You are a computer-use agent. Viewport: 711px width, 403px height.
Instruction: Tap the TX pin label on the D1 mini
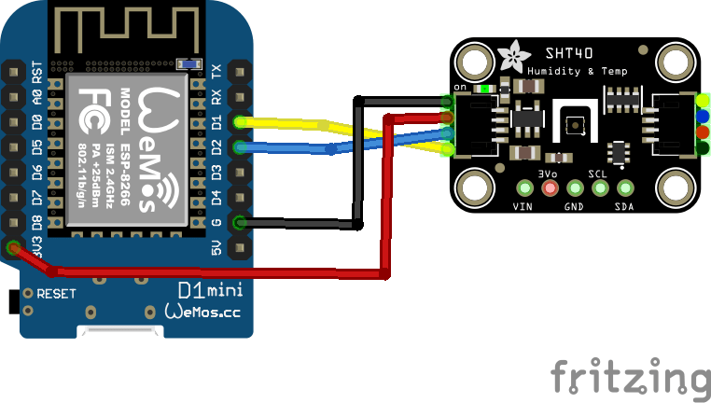(x=216, y=71)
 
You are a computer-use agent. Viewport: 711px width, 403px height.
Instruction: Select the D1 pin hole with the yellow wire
(x=241, y=121)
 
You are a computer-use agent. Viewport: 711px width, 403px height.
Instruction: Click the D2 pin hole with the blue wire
(x=241, y=146)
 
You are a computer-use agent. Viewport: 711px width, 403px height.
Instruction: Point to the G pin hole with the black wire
(x=241, y=222)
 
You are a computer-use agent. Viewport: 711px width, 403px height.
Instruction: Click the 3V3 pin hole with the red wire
(x=13, y=248)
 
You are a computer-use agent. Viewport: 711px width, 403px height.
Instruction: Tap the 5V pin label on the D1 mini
(x=216, y=247)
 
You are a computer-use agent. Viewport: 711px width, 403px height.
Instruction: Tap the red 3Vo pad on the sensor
(x=550, y=188)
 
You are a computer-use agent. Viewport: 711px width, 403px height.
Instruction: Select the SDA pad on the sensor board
(x=624, y=188)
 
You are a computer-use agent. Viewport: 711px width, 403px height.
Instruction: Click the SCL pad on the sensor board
(x=599, y=188)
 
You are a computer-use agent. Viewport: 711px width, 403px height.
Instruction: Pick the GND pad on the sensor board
(x=574, y=188)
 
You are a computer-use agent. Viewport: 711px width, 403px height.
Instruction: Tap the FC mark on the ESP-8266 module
(x=92, y=101)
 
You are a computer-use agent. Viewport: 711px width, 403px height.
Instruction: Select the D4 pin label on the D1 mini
(x=216, y=197)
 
